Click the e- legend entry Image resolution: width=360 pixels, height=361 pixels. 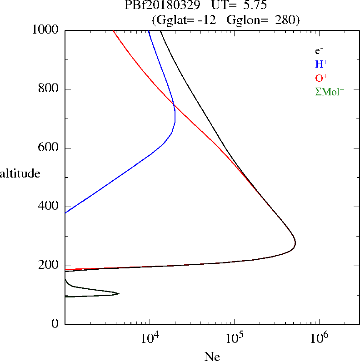point(319,51)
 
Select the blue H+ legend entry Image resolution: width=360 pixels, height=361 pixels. point(321,64)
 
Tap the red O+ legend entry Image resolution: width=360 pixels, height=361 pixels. point(321,78)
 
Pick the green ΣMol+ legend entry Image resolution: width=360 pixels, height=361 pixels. point(330,92)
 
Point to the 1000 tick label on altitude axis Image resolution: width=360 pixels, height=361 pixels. point(45,30)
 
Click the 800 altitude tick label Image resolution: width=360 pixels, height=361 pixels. point(48,88)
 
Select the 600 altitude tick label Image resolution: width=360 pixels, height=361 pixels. point(48,147)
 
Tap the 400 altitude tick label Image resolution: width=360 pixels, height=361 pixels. point(48,206)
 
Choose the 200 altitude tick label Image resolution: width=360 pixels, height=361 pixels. point(48,265)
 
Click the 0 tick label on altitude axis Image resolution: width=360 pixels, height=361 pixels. point(55,324)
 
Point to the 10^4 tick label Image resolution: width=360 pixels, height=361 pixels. point(150,338)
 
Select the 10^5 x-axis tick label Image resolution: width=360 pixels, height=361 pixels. point(235,338)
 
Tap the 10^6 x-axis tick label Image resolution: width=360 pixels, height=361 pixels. point(319,338)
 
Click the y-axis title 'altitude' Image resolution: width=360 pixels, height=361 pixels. point(20,173)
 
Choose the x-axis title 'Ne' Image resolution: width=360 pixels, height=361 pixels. point(212,356)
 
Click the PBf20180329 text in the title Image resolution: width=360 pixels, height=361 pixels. point(162,5)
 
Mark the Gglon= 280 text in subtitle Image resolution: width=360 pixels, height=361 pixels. point(260,20)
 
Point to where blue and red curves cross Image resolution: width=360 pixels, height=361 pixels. point(174,105)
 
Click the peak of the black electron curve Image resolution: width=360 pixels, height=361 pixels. point(295,243)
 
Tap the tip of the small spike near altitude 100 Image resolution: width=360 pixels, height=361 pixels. point(119,293)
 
